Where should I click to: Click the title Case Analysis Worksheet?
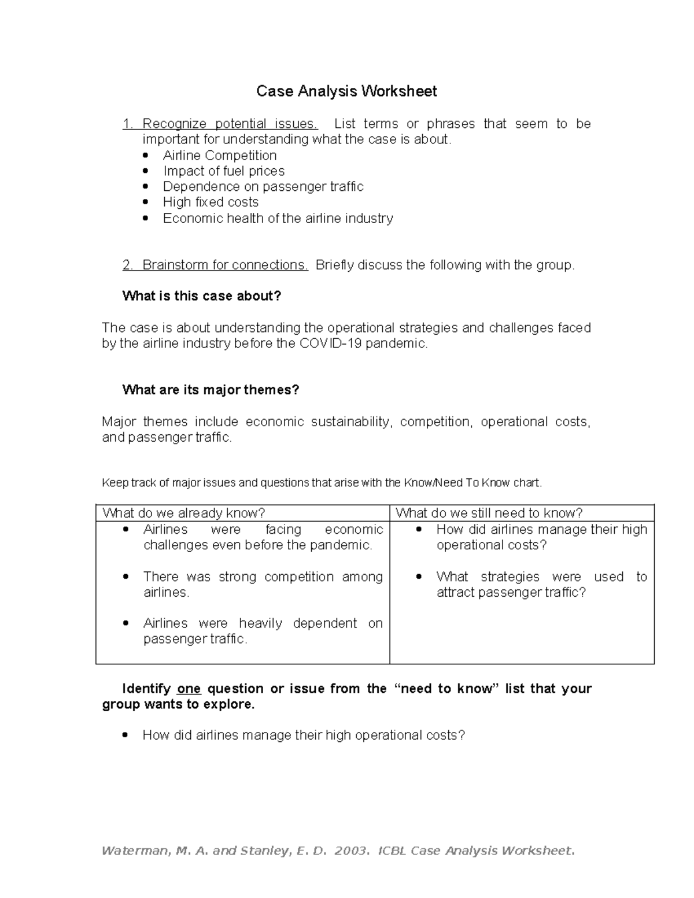coord(346,91)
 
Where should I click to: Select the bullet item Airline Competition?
coord(220,156)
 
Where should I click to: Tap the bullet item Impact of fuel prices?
coord(224,171)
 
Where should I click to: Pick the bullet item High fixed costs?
coord(211,202)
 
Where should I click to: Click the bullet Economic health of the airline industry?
coord(278,219)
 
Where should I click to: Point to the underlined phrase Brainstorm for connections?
coord(225,265)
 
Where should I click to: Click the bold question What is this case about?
coord(201,296)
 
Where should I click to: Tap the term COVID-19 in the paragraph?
coord(331,343)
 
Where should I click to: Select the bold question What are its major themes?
coord(211,390)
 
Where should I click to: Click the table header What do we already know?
coord(184,513)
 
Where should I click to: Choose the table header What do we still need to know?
coord(489,513)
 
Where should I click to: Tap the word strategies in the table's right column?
coord(510,577)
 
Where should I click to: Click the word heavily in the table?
coord(260,623)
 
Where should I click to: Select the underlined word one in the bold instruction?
coord(189,689)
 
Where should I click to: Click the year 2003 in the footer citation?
coord(350,851)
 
